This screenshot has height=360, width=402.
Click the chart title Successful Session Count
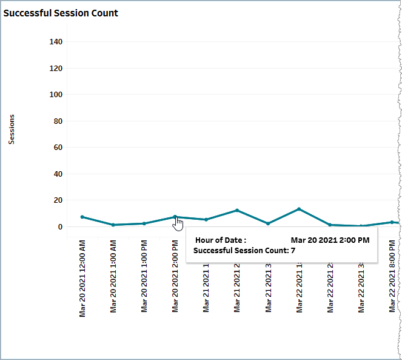[x=61, y=13]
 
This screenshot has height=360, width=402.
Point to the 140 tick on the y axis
[x=56, y=42]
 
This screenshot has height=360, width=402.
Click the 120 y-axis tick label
[x=56, y=69]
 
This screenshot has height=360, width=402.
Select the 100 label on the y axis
[x=56, y=95]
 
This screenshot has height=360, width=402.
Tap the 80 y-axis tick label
[x=58, y=121]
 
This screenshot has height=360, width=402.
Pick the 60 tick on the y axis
[x=58, y=148]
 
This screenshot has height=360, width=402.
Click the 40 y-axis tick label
[x=58, y=174]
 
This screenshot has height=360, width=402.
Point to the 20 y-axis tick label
[x=58, y=200]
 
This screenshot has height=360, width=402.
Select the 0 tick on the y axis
[x=60, y=227]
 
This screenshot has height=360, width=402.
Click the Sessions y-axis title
[x=12, y=129]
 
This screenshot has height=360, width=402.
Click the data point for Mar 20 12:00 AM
[x=82, y=217]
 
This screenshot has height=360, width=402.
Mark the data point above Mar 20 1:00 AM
[x=113, y=225]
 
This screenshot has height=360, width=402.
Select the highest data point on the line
[x=299, y=209]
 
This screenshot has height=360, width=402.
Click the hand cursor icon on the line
[x=178, y=225]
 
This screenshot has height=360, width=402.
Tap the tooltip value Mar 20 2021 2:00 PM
[x=330, y=240]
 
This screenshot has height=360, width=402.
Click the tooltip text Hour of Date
[x=221, y=240]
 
